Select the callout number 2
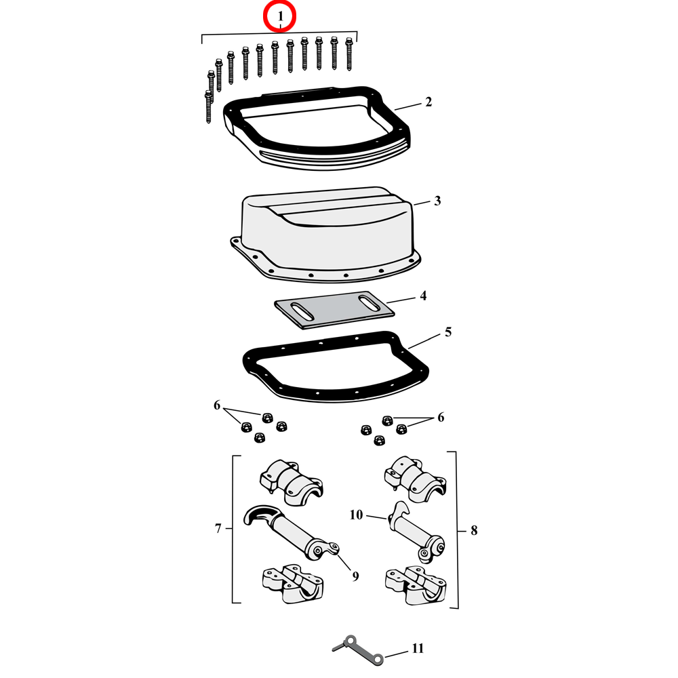428,102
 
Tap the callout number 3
437,201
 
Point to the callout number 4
423,296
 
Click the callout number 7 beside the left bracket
218,529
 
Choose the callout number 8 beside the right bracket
473,530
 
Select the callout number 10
357,515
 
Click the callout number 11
417,649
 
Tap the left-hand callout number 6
217,405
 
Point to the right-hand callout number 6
441,418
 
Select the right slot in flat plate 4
369,302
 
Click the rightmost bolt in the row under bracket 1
351,54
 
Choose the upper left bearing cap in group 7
291,480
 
